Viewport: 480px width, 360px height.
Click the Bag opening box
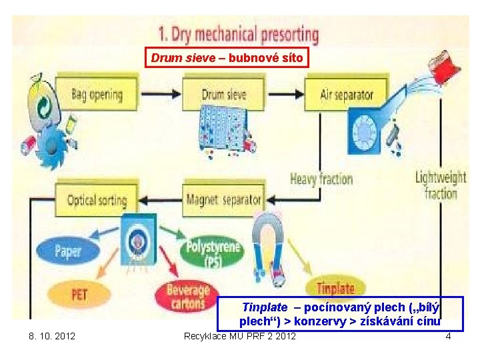97,94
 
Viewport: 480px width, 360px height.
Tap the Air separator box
346,95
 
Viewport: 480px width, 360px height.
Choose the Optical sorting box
97,199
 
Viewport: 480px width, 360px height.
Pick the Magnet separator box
223,199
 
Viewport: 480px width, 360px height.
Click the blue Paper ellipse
67,251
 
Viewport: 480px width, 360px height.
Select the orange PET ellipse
79,294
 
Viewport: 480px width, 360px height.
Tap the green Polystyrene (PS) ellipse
213,251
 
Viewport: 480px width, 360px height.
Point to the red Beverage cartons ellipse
187,296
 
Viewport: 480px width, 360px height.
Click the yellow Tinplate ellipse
335,289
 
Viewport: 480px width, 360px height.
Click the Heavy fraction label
321,179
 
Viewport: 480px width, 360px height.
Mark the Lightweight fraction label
441,185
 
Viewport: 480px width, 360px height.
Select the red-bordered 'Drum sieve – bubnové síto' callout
227,58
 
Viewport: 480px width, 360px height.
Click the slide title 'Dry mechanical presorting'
239,33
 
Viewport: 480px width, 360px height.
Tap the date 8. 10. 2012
52,336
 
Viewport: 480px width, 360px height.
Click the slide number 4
448,336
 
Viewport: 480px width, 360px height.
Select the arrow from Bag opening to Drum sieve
161,94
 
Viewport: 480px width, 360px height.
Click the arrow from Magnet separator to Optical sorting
161,199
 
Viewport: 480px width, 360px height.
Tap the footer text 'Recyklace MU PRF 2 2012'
240,336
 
